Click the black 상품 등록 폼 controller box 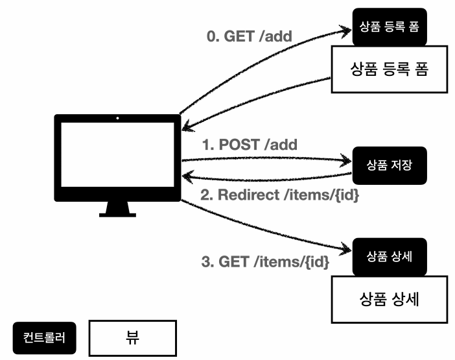(390, 27)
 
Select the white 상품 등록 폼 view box (390, 69)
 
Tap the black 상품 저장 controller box (390, 165)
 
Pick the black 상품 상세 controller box (390, 257)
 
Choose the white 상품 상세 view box (390, 299)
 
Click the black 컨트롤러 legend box (44, 338)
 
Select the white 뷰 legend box (133, 338)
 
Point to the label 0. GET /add (250, 36)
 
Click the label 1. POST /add (250, 145)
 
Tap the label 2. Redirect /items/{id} (280, 195)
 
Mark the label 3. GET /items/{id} (265, 261)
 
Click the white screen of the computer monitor (117, 154)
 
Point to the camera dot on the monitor (117, 118)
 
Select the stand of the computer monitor (117, 209)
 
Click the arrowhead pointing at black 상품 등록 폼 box (346, 31)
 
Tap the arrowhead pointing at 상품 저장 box (346, 161)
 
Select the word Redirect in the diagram (248, 195)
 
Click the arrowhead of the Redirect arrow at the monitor (187, 176)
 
